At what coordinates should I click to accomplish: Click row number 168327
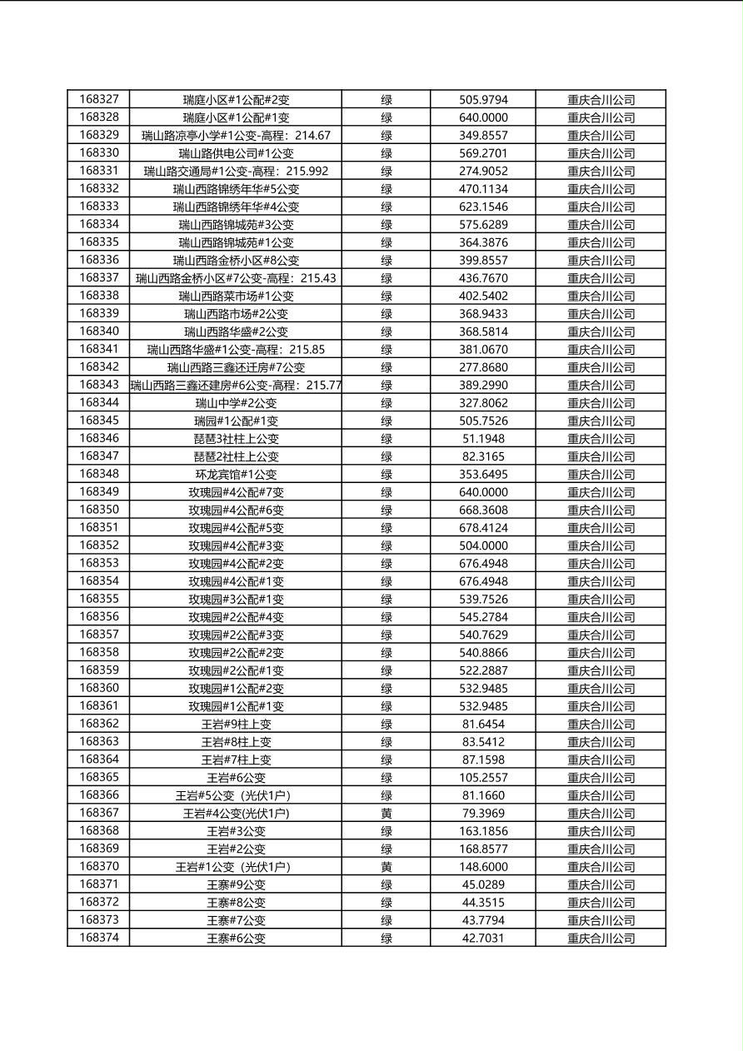click(99, 100)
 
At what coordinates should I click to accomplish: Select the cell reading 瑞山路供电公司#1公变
click(236, 153)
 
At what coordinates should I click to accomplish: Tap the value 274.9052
click(483, 172)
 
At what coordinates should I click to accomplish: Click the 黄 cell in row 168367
click(386, 814)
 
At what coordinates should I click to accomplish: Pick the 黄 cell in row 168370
click(386, 867)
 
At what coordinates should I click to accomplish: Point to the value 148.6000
click(483, 867)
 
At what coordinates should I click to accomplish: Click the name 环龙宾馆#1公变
click(236, 475)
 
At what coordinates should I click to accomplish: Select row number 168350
click(99, 510)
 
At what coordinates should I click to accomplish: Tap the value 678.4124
click(483, 528)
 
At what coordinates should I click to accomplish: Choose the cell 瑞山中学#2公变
click(236, 403)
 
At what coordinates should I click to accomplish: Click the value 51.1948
click(483, 439)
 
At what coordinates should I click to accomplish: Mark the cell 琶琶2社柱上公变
click(236, 456)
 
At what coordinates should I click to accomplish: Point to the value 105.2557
click(483, 778)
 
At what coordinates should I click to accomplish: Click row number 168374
click(99, 939)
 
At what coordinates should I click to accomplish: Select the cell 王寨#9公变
click(236, 885)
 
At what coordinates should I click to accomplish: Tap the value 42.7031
click(483, 939)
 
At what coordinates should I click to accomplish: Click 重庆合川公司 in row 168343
click(601, 386)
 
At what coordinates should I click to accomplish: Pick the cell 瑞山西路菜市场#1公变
click(236, 296)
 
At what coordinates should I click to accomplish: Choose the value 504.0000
click(483, 545)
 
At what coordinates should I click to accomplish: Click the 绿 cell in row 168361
click(386, 706)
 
